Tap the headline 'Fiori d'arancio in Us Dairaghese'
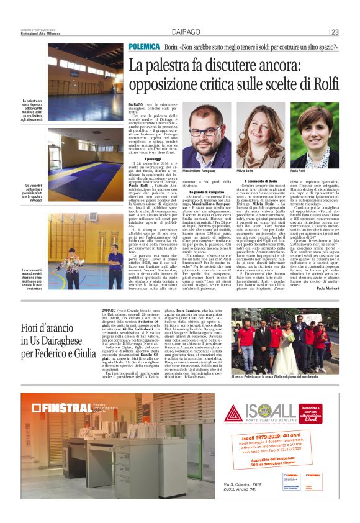[58, 341]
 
